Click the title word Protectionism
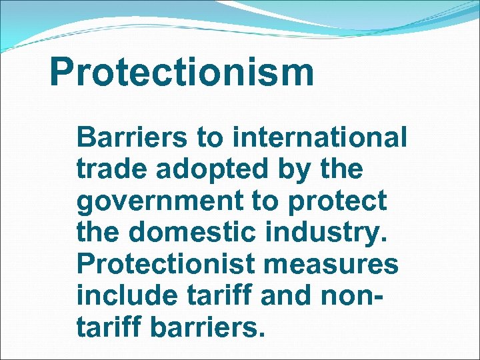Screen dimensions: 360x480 (181, 72)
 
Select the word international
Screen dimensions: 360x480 (320, 139)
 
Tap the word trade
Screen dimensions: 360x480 (109, 169)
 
